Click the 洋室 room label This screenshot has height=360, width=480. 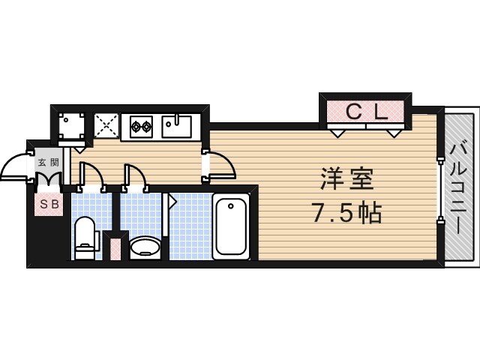point(346,181)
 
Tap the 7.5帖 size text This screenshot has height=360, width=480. point(346,214)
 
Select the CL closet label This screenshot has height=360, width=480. point(366,112)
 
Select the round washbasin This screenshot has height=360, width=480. point(145,247)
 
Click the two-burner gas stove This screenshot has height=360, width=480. point(141,126)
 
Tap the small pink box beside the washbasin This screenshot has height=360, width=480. point(115,247)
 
